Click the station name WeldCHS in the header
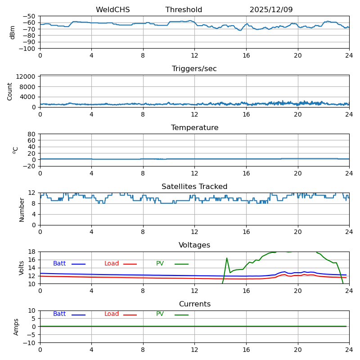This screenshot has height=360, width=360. coord(112,10)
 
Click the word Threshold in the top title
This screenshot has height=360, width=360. coord(184,10)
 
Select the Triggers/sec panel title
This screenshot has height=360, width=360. coord(194,69)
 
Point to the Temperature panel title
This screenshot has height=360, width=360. coord(194,128)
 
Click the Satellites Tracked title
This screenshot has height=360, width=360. coord(194,187)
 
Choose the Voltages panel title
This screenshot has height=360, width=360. coord(194,245)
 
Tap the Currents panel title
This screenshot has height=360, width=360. coord(194,304)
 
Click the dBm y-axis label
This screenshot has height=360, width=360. coord(13,32)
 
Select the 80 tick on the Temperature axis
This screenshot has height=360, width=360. coord(31,134)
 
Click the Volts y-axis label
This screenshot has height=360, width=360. coord(22,268)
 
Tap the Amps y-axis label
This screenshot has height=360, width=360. coord(16,327)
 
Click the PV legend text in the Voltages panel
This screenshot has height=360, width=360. coord(160,264)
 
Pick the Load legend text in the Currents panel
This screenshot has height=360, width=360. coord(112,314)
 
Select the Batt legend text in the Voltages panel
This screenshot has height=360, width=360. coord(59,264)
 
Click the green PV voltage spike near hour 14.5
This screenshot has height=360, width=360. coord(227,258)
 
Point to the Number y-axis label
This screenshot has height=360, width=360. coord(22,209)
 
